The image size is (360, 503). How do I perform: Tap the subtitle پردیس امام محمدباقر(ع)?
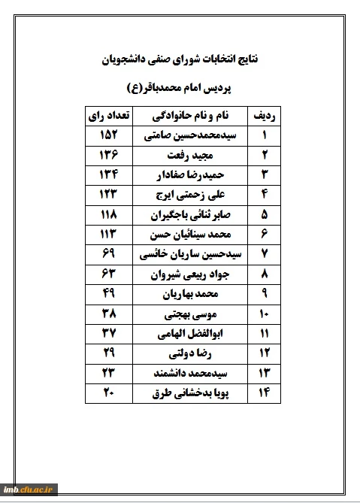180,88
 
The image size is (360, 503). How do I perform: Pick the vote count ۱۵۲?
108,136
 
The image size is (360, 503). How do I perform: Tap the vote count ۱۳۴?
108,175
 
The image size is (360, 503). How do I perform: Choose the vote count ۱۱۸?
108,214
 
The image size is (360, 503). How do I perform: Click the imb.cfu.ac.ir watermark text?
30,489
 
